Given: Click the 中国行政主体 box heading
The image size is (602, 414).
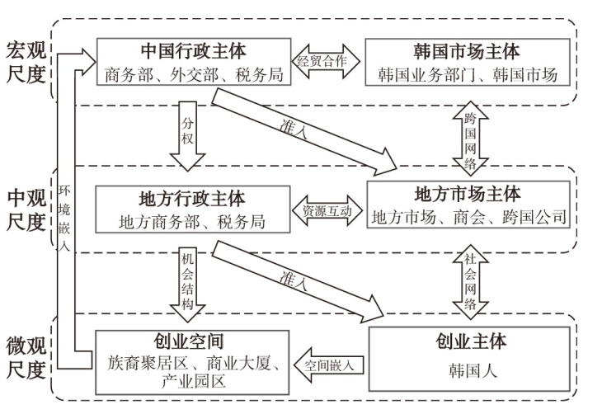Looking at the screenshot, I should [194, 52].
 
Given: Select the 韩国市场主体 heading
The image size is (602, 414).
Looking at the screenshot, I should [467, 52].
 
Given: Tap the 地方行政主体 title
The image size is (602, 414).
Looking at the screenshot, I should [193, 199].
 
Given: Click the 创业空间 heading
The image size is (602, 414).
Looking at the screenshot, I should [193, 341].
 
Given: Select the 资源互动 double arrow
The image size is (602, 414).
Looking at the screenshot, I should [327, 210].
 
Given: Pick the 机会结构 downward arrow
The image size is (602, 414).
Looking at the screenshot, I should [187, 280].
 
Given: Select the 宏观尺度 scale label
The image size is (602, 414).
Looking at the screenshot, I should [26, 63].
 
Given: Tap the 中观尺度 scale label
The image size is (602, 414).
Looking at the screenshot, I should [26, 210].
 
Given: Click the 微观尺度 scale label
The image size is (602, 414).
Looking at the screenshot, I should [26, 358].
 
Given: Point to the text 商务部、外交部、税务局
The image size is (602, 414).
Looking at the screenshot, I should [195, 76].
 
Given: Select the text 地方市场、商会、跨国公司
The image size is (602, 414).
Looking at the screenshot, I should [468, 219].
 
